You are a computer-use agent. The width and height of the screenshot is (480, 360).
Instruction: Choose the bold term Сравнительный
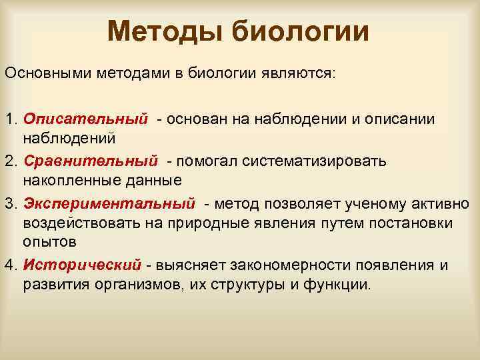point(91,161)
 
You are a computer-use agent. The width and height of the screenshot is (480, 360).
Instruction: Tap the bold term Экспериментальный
point(109,203)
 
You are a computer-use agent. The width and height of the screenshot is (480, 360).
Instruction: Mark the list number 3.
point(9,203)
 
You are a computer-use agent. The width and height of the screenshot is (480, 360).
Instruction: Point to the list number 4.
point(9,265)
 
